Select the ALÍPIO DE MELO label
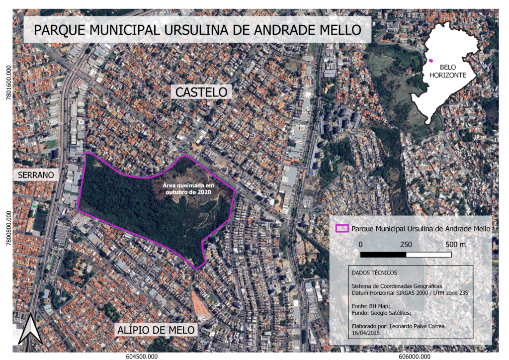[x=156, y=330]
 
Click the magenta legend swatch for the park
[x=341, y=228]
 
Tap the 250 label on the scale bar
[x=406, y=245]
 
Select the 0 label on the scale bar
[x=360, y=245]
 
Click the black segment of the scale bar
[x=383, y=255]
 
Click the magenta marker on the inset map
[x=430, y=61]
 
